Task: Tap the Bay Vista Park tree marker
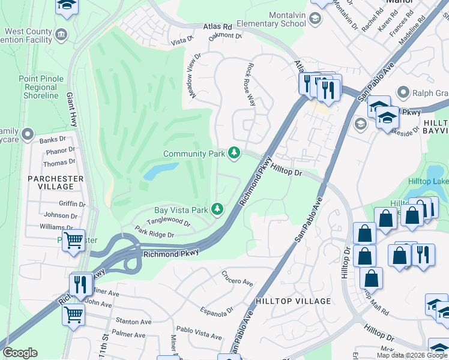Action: (x=217, y=209)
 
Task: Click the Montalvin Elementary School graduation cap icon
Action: (x=315, y=19)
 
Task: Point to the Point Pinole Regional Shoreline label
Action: (x=38, y=87)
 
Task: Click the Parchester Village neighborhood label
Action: (x=55, y=182)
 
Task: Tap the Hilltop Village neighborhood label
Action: (x=293, y=301)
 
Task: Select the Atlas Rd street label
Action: (x=217, y=27)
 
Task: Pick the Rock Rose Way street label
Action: (x=250, y=85)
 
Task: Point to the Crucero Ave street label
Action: (x=237, y=281)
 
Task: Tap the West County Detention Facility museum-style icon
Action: (x=61, y=34)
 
